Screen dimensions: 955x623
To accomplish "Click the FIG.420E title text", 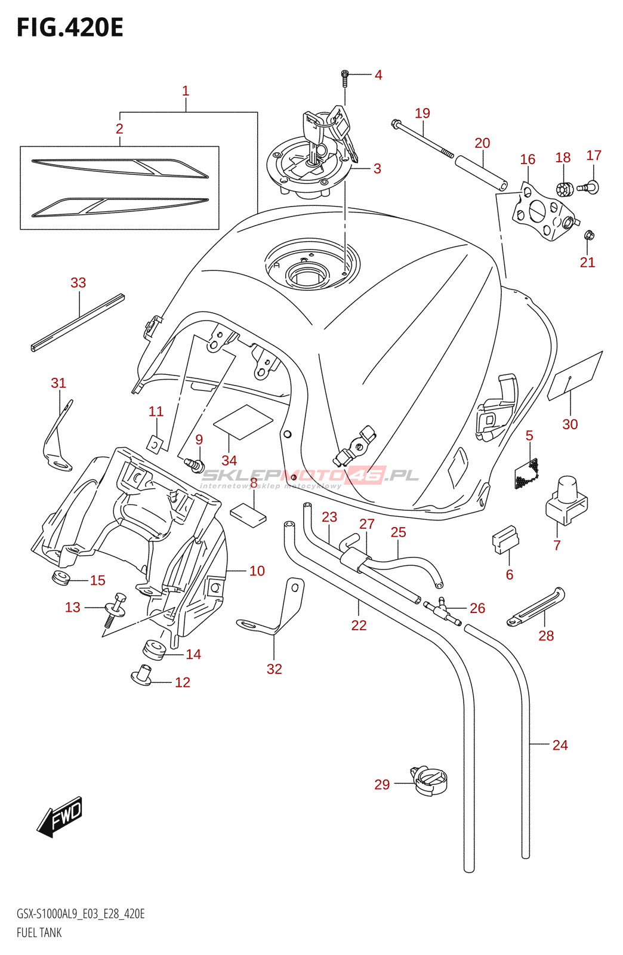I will pos(70,28).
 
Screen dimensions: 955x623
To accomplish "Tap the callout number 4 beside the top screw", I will pos(378,75).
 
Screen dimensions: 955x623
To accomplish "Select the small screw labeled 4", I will pos(344,76).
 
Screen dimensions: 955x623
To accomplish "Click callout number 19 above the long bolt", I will pos(422,113).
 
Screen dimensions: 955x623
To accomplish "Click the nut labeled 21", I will pos(589,235).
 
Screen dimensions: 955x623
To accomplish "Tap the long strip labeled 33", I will pos(78,322).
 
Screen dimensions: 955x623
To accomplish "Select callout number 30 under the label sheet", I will pos(570,424).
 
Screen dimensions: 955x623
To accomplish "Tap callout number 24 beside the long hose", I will pos(560,745).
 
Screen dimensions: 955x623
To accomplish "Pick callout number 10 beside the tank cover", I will pos(257,571).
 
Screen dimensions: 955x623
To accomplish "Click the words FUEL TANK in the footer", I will pos(39,933).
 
